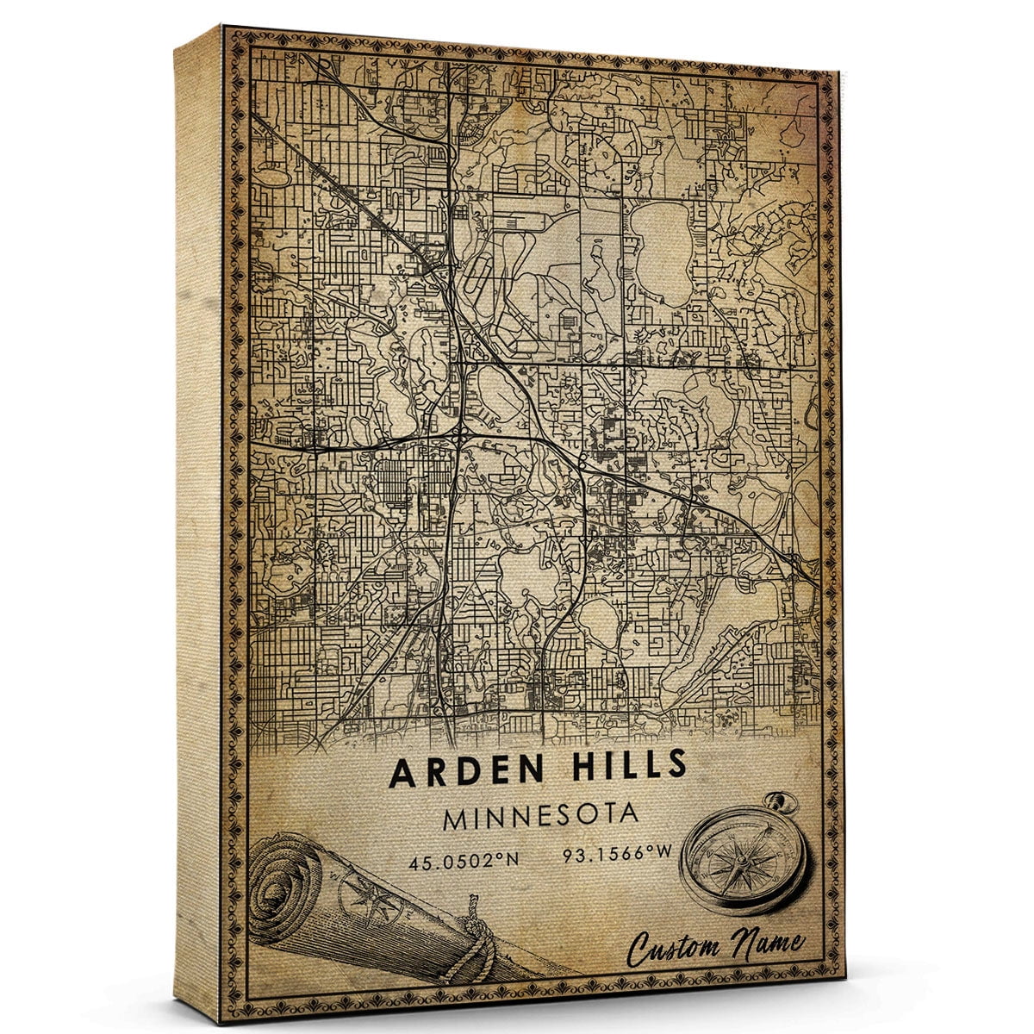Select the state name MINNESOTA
pyautogui.click(x=540, y=814)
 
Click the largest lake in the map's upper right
pyautogui.click(x=659, y=250)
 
